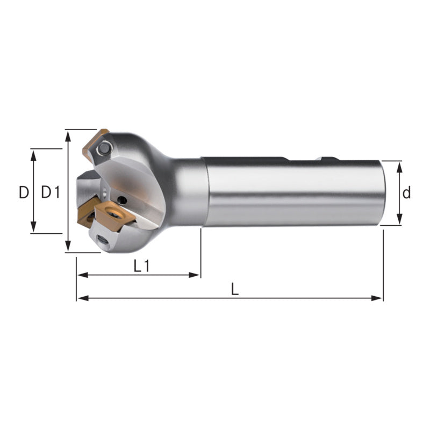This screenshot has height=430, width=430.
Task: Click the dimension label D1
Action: pyautogui.click(x=51, y=192)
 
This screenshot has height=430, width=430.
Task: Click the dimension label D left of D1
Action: pyautogui.click(x=24, y=192)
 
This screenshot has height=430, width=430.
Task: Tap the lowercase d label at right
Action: pyautogui.click(x=406, y=192)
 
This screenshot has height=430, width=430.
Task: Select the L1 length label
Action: pyautogui.click(x=141, y=266)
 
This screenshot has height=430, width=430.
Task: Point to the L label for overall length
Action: pyautogui.click(x=235, y=289)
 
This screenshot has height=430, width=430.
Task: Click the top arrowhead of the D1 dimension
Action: pyautogui.click(x=68, y=137)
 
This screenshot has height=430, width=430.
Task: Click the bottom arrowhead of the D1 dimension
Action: pyautogui.click(x=68, y=246)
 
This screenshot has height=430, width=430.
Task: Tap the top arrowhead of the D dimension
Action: pyautogui.click(x=33, y=155)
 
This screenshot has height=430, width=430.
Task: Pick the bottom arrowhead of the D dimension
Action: pyautogui.click(x=33, y=227)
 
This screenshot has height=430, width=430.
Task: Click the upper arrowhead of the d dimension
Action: pyautogui.click(x=399, y=167)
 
